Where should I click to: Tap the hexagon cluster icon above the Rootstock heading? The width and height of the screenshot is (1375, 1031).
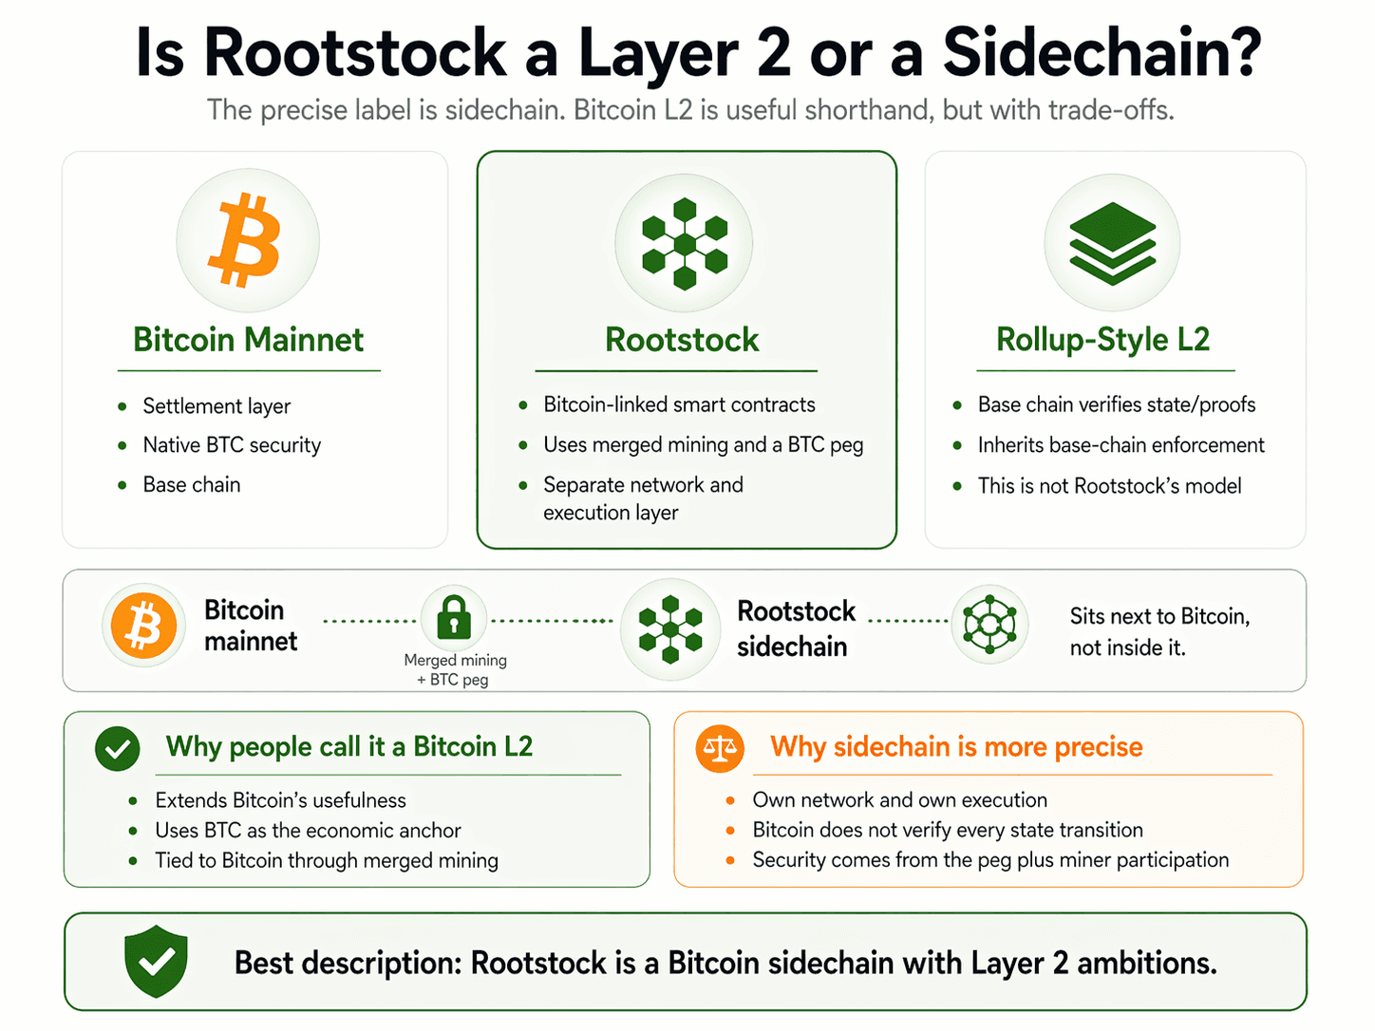click(x=684, y=243)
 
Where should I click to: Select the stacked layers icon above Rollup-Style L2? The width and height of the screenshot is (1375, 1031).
click(x=1112, y=243)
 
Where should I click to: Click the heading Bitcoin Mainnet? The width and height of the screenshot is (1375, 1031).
click(x=248, y=340)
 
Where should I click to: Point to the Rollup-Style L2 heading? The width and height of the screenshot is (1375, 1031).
click(x=1102, y=340)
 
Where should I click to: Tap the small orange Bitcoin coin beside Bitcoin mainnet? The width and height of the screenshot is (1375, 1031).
click(x=143, y=626)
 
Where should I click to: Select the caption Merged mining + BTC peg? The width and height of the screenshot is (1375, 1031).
click(x=455, y=669)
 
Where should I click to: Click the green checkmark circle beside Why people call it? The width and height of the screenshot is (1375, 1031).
click(x=118, y=748)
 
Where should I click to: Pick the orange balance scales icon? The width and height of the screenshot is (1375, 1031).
click(x=719, y=748)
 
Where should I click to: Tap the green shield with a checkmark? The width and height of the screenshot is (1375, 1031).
click(x=156, y=961)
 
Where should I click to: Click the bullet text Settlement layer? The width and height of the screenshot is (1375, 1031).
click(x=217, y=406)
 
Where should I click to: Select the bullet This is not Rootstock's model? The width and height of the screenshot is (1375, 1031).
click(x=1109, y=486)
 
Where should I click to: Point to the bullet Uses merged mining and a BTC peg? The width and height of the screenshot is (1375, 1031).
click(x=703, y=445)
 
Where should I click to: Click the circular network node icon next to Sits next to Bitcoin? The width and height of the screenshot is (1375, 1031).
click(x=989, y=624)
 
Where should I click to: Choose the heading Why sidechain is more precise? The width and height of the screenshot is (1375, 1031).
click(x=956, y=747)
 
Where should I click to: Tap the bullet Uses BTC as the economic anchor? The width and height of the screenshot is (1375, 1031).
click(x=308, y=831)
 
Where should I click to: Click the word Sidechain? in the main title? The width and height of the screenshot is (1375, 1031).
click(x=1102, y=53)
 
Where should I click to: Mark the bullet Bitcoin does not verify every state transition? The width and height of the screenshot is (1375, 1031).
click(x=948, y=830)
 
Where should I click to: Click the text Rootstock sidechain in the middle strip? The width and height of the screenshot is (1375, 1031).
click(x=796, y=628)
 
